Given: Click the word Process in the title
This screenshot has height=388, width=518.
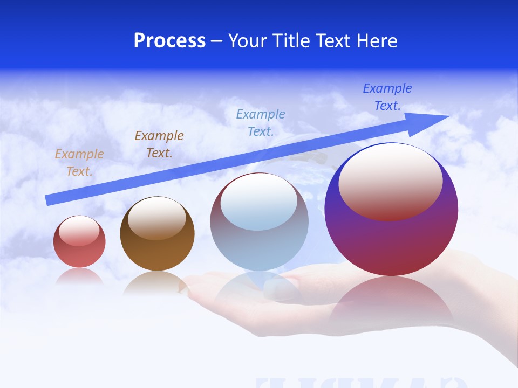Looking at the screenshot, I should pos(169,41).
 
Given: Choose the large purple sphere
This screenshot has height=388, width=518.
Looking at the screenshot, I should pos(391,242).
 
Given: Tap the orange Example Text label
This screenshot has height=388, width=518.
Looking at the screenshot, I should pos(79,163).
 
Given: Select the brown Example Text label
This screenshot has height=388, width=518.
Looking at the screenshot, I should pos(159,144).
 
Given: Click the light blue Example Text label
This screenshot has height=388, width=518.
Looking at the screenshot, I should pos(261,122).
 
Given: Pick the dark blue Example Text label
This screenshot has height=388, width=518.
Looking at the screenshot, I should pos(387,97).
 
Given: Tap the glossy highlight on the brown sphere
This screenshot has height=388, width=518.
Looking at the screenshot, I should pos(157,218).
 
